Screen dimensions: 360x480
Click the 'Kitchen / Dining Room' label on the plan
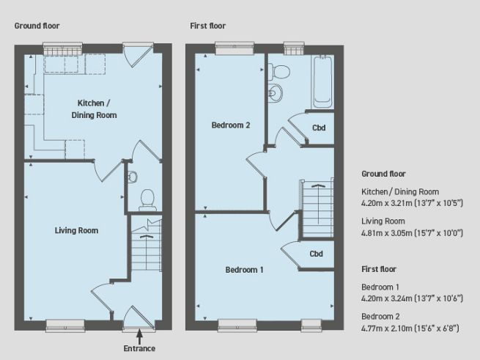[94, 109]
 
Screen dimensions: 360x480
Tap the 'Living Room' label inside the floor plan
[76, 230]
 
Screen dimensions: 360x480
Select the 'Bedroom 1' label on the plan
[244, 270]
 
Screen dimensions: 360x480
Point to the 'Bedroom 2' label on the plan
[231, 125]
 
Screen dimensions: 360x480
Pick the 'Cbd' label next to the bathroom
[319, 128]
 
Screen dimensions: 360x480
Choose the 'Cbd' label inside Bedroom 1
[317, 254]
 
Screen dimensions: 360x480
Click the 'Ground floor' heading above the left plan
[37, 26]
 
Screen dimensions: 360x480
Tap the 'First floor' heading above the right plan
[208, 26]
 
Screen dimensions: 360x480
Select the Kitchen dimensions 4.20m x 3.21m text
[410, 202]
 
